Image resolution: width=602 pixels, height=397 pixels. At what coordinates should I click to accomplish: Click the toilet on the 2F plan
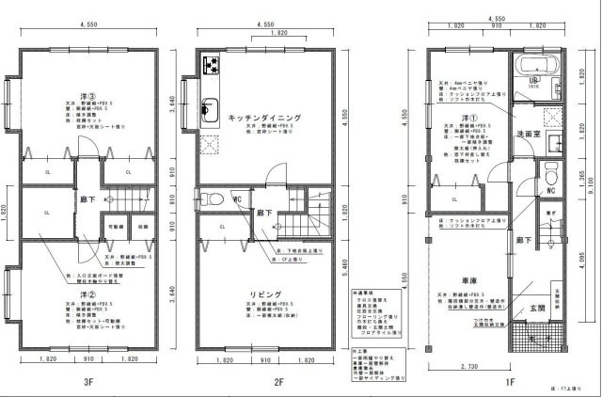[x=214, y=199]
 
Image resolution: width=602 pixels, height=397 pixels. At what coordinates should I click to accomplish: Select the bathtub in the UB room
[x=538, y=68]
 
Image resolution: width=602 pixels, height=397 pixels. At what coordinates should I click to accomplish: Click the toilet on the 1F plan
[x=549, y=176]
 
